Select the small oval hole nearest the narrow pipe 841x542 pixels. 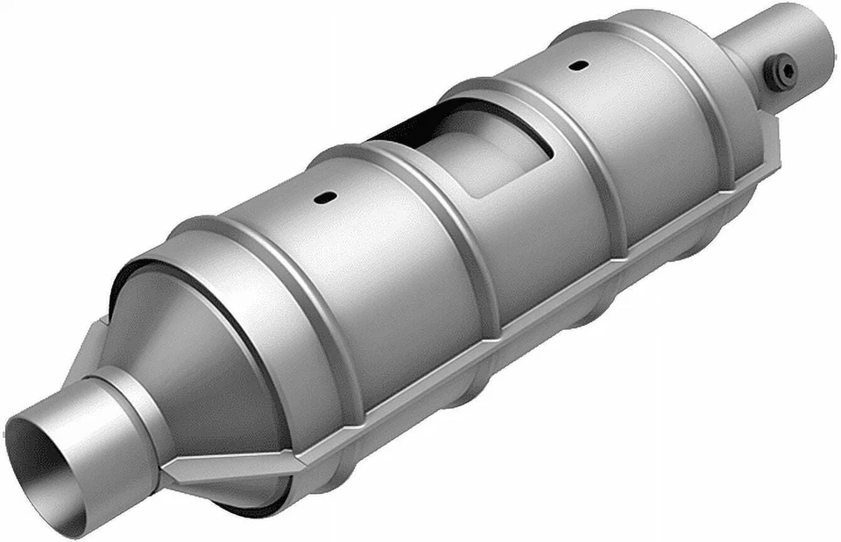coord(576,65)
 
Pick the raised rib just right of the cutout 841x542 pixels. coord(578,166)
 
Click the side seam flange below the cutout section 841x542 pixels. coord(543,298)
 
